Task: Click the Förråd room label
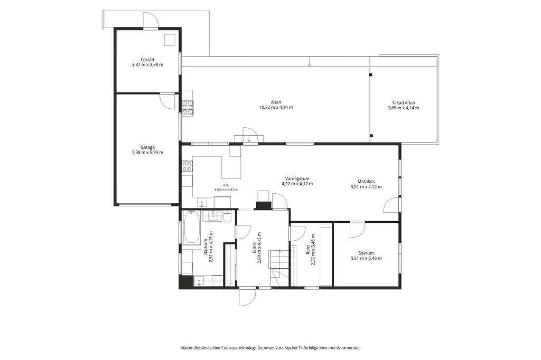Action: pos(147,60)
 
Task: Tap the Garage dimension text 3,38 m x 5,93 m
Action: pos(147,153)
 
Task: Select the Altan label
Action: pos(276,102)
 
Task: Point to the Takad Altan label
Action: pos(403,102)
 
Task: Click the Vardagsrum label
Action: pos(297,178)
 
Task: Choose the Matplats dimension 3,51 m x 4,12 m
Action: pos(366,187)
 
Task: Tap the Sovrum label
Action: pos(366,253)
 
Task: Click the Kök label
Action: pos(226,185)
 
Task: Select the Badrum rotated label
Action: pos(206,247)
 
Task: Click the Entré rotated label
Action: pos(255,247)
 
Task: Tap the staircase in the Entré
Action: pos(279,268)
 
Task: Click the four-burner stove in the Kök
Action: pos(188,166)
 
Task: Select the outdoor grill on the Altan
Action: pos(188,107)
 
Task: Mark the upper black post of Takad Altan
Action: pos(371,74)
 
